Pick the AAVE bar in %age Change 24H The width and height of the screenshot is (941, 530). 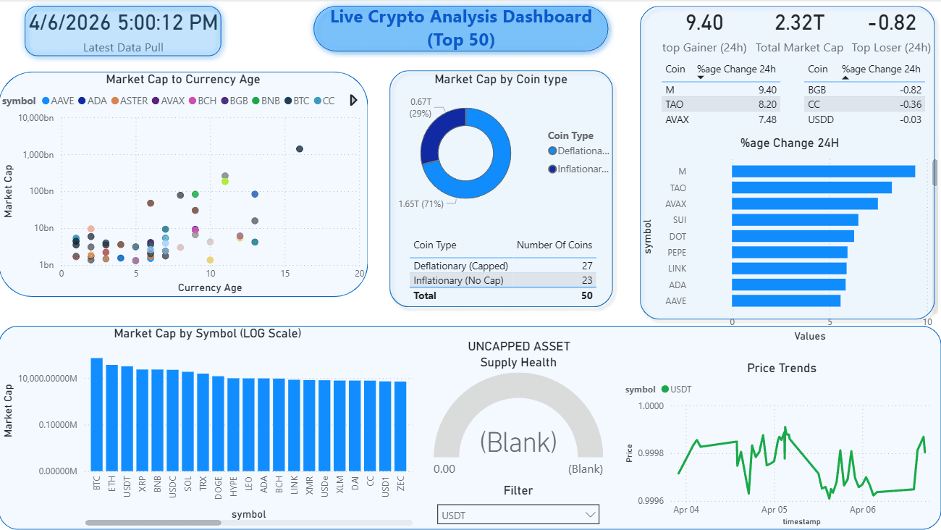point(785,300)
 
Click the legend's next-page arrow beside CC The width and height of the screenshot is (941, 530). point(353,101)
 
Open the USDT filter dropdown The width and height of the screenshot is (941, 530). point(518,515)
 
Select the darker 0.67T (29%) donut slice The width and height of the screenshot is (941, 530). point(432,137)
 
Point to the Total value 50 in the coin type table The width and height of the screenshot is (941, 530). point(586,295)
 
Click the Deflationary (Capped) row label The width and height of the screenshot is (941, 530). point(460,266)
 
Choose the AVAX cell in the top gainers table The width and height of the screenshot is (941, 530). point(677,119)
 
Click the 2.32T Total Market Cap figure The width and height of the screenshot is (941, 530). point(799,23)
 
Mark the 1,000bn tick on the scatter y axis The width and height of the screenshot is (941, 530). point(38,155)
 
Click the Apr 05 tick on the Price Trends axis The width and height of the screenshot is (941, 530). point(774,510)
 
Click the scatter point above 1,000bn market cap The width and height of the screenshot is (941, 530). point(300,149)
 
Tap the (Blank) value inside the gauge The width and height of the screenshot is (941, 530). point(518,442)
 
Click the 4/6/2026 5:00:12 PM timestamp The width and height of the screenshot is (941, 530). point(123,22)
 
